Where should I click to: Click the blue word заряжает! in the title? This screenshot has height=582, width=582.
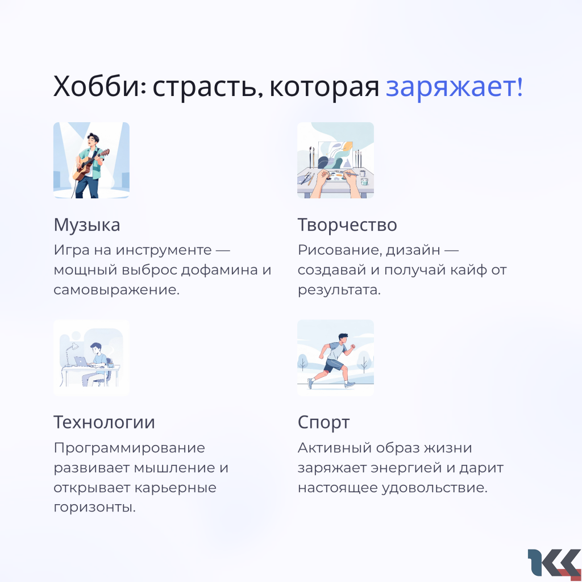[454, 87]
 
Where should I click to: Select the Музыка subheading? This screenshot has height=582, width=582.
[87, 225]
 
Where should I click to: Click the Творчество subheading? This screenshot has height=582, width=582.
[347, 225]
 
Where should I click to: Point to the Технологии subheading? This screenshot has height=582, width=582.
[105, 422]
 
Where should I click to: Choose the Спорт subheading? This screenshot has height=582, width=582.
[323, 423]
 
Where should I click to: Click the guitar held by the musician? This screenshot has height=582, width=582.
[90, 165]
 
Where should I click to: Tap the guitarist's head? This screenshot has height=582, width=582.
[93, 139]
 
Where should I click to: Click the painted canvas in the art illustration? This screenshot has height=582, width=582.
[335, 155]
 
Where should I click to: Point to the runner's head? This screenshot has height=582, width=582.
[343, 338]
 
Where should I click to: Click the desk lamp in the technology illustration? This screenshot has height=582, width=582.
[70, 354]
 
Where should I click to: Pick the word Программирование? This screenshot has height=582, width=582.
[129, 448]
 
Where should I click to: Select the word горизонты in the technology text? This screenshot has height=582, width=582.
[95, 508]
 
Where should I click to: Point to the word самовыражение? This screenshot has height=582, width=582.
[117, 290]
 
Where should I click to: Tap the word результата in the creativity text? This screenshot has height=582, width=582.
[339, 290]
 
